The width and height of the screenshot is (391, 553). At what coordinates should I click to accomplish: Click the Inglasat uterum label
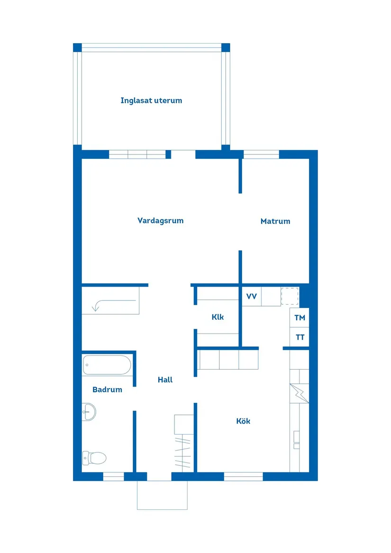pos(151,100)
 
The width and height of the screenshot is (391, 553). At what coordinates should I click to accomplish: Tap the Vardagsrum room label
pos(160,220)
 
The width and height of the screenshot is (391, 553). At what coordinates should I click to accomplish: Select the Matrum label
pos(275,221)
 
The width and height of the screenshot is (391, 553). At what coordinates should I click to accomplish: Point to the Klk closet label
pos(218,317)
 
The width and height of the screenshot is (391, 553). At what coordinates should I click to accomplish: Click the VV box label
pos(251,297)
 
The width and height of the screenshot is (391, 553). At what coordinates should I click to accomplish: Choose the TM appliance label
pos(300,318)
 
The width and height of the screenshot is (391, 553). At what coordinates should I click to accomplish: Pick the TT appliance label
pos(300,338)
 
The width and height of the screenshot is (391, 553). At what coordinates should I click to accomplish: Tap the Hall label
pos(165,380)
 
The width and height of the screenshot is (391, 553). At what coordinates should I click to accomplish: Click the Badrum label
pos(107,390)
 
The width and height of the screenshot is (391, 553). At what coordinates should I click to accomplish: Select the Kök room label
pos(243,421)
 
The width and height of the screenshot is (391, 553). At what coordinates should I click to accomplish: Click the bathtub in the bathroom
pos(107,365)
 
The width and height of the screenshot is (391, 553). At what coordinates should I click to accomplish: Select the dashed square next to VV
pos(290,296)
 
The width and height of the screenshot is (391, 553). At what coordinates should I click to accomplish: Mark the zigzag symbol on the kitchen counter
pos(299,392)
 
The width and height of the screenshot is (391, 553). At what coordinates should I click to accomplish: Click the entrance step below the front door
pos(162,495)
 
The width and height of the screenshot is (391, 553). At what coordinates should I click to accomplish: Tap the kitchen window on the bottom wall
pos(243,477)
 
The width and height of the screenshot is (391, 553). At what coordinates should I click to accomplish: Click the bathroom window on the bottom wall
pos(113,477)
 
